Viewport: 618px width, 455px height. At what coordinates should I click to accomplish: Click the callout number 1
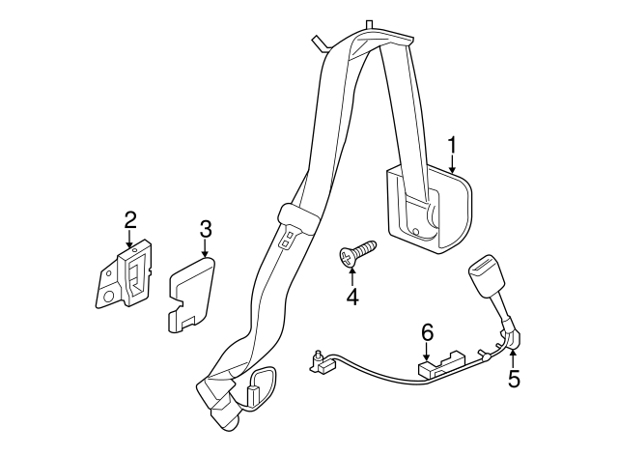coord(453,145)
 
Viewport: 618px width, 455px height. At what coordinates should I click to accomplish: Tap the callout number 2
coord(130,220)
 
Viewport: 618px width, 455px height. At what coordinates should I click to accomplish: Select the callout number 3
coord(206,229)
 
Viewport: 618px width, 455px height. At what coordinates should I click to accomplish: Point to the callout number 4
coord(352,297)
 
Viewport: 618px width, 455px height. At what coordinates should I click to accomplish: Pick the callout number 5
coord(514,378)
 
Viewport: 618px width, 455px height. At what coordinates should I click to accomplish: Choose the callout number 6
coord(428,332)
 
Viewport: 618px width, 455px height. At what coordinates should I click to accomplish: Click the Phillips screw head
coord(348,258)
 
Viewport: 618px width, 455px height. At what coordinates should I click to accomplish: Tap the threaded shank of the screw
coord(365,248)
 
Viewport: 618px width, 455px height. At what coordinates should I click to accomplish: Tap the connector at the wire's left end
coord(320,361)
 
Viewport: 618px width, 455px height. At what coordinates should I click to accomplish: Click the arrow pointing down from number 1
coord(453,163)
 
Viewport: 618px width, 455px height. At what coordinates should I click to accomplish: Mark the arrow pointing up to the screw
coord(351,277)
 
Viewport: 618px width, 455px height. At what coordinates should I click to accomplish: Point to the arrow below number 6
coord(428,351)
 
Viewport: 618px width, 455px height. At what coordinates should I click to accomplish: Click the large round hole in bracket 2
coord(109,297)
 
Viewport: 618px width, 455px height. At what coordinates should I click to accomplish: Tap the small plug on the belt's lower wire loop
coord(251,394)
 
